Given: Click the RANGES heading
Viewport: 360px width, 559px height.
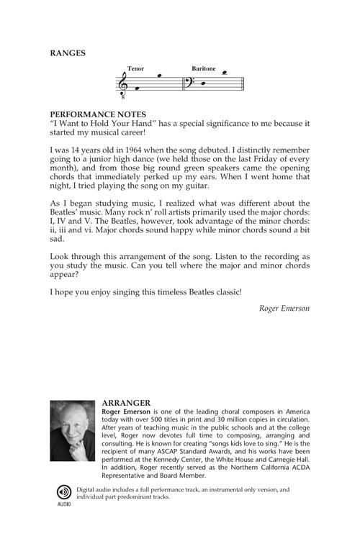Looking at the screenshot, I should pos(68,53).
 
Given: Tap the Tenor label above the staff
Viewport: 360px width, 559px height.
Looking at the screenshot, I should pos(135,69).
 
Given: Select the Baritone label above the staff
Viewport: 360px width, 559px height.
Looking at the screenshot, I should pos(203,69).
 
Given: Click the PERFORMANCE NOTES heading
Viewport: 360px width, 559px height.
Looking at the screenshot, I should pos(98,114).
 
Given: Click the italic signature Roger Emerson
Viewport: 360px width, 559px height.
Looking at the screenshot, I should pos(284,309).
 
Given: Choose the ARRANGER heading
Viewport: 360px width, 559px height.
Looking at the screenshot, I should pos(126,404).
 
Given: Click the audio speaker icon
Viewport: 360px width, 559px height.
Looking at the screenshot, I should pos(64,491).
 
